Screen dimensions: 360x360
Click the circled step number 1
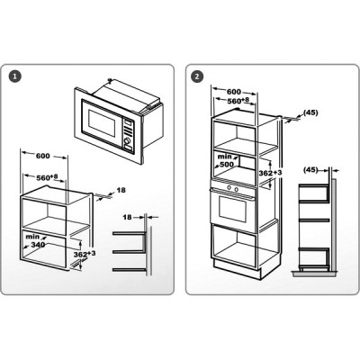(x=15, y=76)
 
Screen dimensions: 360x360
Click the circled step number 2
(x=197, y=76)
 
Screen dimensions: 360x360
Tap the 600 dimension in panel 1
(x=43, y=156)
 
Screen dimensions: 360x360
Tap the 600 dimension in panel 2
(x=234, y=92)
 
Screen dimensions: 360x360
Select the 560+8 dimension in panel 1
(x=47, y=177)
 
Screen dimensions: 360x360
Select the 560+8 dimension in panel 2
(x=238, y=101)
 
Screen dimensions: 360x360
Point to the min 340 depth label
(x=35, y=241)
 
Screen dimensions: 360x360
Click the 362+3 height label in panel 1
(x=85, y=255)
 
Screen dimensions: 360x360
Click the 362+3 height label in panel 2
(x=270, y=173)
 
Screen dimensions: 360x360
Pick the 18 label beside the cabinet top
(x=121, y=190)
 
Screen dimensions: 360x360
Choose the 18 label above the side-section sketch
(x=127, y=217)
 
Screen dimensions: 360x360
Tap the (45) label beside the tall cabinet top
(x=310, y=112)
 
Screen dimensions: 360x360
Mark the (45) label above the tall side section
(x=310, y=170)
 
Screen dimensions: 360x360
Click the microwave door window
(x=102, y=123)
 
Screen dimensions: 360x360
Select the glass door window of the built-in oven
(x=232, y=208)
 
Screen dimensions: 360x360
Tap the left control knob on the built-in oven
(x=229, y=188)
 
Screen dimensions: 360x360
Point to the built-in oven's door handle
(x=232, y=193)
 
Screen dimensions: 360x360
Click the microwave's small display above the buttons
(x=129, y=123)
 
